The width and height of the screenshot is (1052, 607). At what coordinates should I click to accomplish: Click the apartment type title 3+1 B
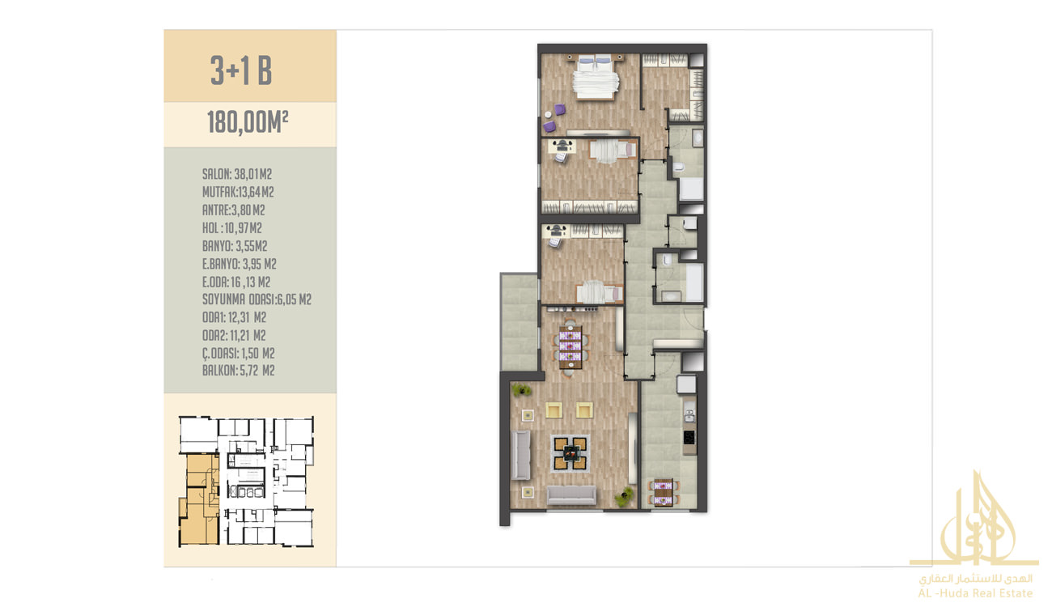241,70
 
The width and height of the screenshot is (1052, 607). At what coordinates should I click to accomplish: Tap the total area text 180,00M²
248,122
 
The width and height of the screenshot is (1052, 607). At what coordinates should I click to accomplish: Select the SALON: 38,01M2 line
237,174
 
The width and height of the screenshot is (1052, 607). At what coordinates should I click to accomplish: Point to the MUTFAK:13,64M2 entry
238,192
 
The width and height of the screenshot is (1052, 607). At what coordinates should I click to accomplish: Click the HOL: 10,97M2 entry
232,228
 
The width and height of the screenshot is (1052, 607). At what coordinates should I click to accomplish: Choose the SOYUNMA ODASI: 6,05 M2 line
257,299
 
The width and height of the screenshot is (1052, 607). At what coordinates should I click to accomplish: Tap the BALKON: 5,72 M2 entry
239,371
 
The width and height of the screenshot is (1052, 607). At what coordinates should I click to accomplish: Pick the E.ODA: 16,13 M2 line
236,282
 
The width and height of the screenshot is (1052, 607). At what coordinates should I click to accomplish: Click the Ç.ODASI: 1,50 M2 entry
239,354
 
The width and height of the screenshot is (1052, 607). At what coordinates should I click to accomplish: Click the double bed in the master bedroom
595,77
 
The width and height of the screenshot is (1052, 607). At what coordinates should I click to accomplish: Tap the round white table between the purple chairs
548,115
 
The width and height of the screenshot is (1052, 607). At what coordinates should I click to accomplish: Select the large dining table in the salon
571,347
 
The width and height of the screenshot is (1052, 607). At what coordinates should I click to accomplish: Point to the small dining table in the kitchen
663,492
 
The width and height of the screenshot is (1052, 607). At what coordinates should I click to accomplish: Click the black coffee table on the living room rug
571,453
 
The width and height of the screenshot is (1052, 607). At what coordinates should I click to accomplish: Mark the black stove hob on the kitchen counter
689,438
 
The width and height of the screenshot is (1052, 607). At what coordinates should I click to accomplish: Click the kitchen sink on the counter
689,415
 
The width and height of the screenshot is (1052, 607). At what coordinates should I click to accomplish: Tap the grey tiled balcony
519,322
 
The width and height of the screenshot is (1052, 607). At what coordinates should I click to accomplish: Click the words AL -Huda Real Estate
975,593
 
